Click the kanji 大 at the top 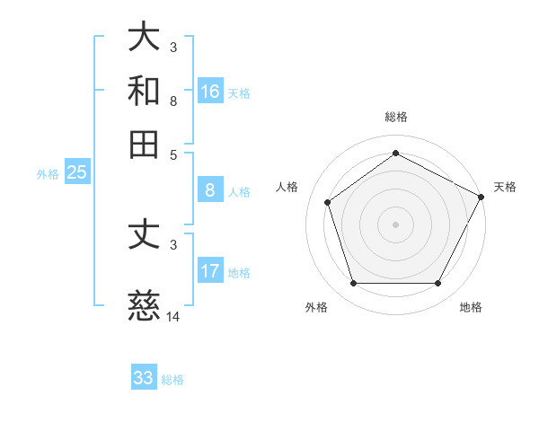145,38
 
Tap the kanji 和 145,91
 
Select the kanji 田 145,144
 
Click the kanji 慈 145,306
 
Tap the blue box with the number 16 210,91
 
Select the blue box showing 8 210,189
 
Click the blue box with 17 210,270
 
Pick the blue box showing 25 76,172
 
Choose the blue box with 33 144,378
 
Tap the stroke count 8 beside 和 173,101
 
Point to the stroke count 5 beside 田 173,154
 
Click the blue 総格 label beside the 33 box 172,380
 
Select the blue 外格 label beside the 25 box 48,174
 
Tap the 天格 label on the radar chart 506,187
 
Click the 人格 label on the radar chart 287,187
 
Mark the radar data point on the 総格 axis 396,153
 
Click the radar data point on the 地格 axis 438,284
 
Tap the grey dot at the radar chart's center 396,223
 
